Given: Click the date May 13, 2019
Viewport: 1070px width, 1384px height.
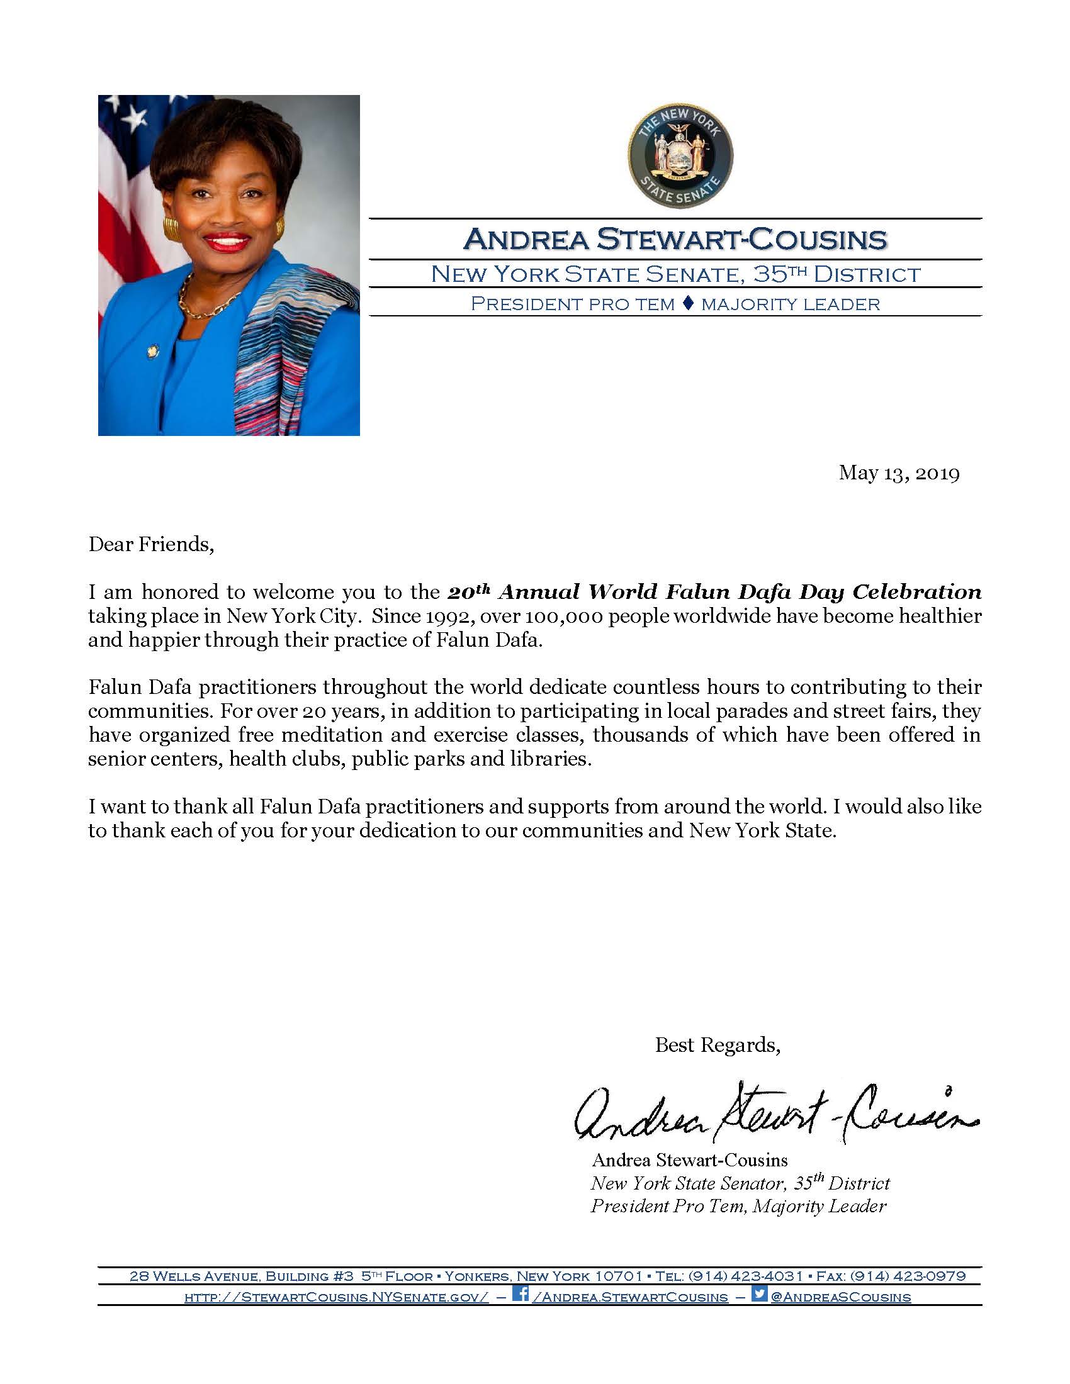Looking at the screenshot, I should pyautogui.click(x=898, y=472).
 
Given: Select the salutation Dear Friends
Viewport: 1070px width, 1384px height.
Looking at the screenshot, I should pyautogui.click(x=151, y=544).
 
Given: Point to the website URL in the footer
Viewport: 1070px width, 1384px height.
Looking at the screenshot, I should pyautogui.click(x=336, y=1297).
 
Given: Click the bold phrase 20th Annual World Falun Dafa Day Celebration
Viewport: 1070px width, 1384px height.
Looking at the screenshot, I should pyautogui.click(x=714, y=592).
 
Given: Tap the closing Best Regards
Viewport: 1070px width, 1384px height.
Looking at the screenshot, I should pyautogui.click(x=717, y=1045).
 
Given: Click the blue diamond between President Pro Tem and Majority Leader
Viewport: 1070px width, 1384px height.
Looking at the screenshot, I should pyautogui.click(x=688, y=304).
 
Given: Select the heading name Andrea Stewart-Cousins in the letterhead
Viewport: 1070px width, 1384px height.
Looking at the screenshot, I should pyautogui.click(x=675, y=239).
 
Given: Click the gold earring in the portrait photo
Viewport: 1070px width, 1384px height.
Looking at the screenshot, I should pyautogui.click(x=171, y=229).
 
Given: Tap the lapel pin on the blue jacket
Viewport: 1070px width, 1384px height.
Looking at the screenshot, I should pyautogui.click(x=152, y=350).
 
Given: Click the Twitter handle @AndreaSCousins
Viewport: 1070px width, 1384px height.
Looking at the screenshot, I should pyautogui.click(x=840, y=1297).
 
